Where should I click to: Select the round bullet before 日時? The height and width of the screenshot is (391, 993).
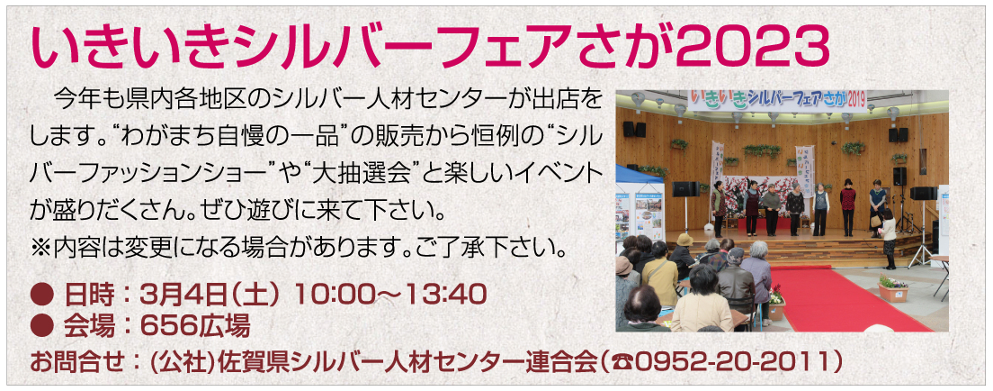[x=41, y=294]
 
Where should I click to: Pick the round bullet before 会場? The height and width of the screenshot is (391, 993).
[x=41, y=326]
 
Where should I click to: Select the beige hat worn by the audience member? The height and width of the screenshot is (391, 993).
[x=685, y=240]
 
